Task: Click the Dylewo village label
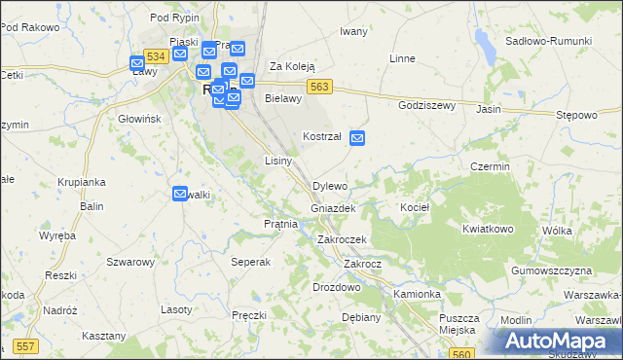coord(330,186)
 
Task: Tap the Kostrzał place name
coord(321,137)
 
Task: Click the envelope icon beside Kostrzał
coord(357,138)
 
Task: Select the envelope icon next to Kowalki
coord(180,195)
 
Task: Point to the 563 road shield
coord(321,87)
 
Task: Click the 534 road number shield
coord(156,58)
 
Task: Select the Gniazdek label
coord(333,209)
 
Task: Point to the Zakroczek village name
coord(342,239)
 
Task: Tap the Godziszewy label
coord(426,105)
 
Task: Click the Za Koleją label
coord(293,66)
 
